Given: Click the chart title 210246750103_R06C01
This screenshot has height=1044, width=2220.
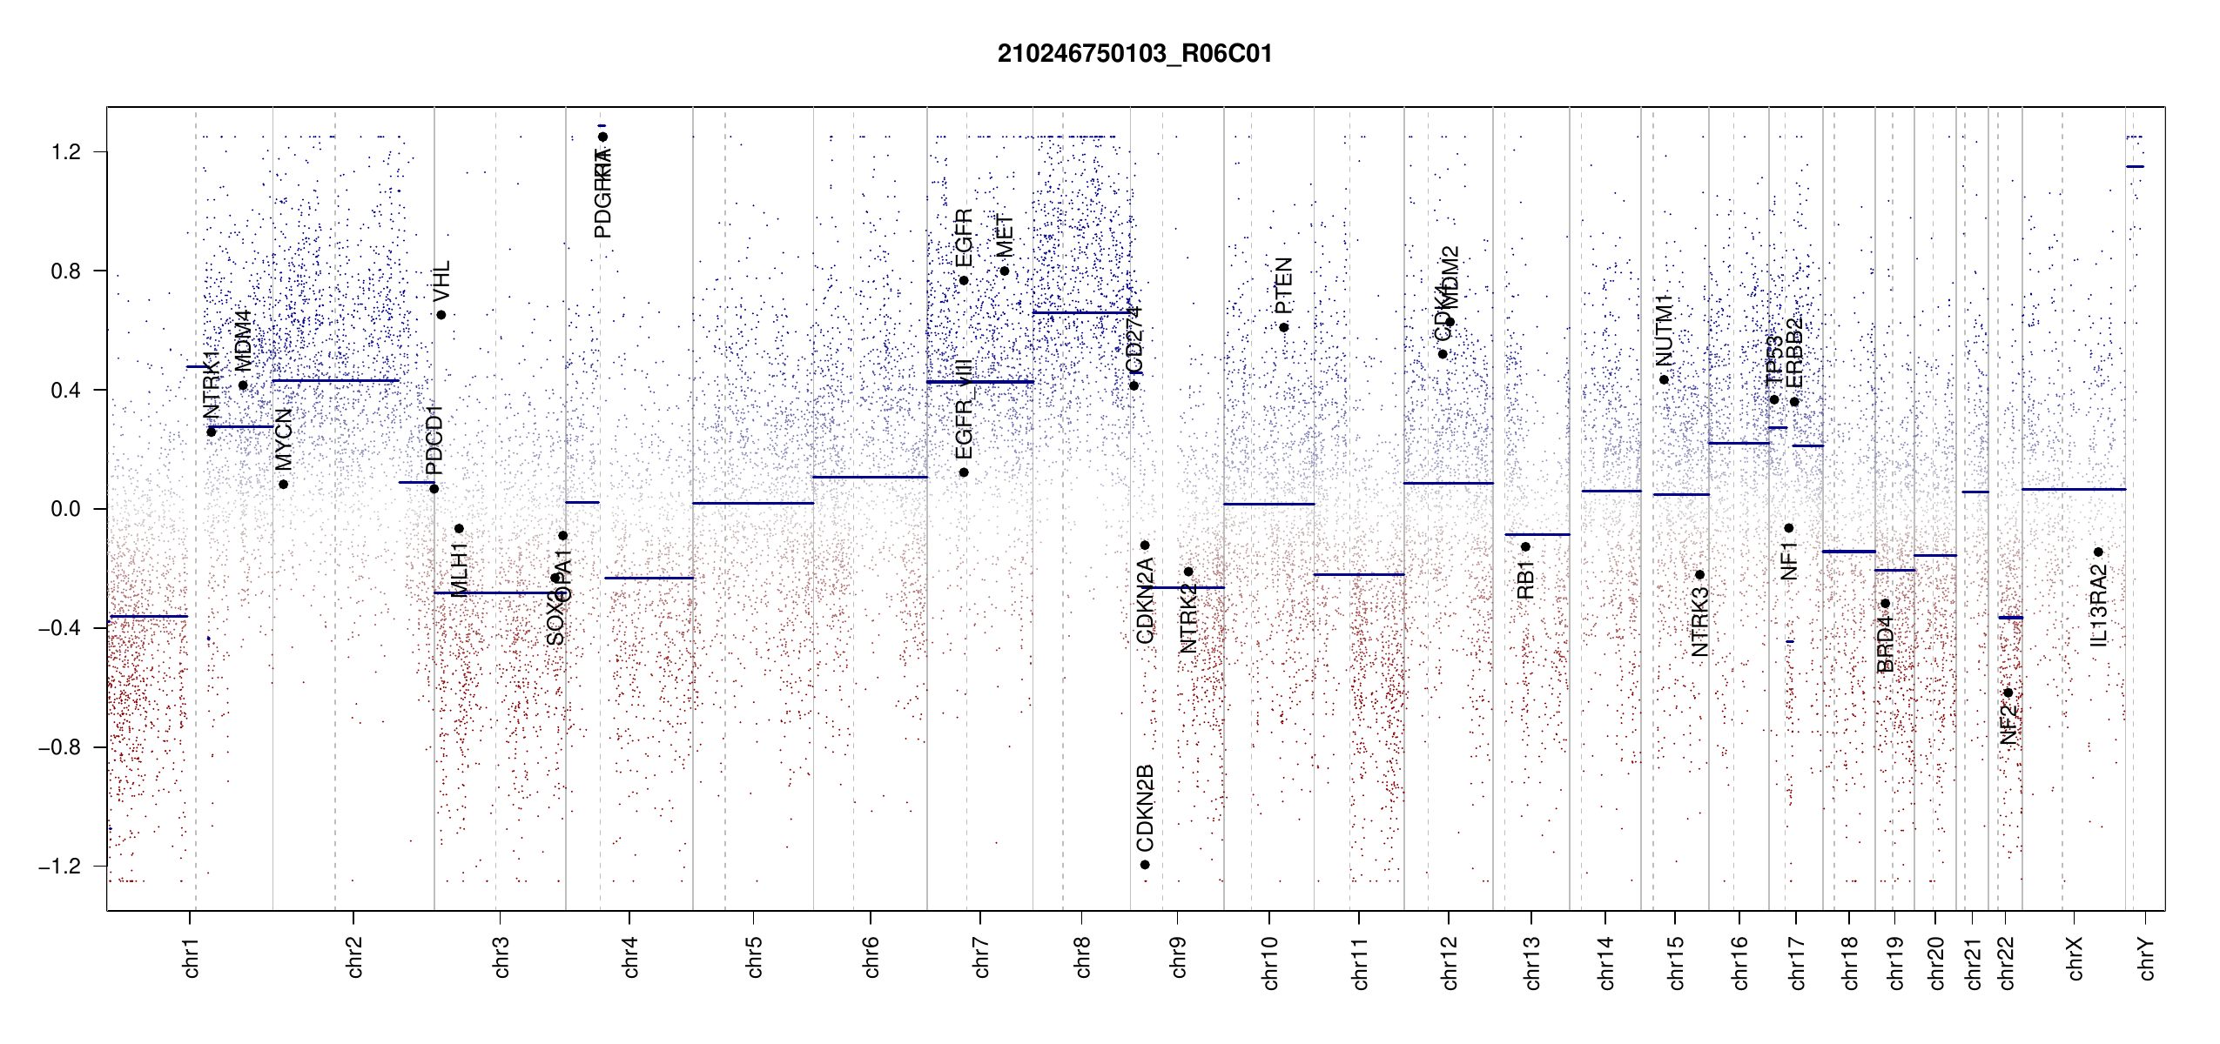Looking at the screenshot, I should click(1134, 54).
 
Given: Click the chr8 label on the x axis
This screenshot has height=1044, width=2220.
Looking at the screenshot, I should click(1082, 957).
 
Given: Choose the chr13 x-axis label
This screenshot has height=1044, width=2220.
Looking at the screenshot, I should click(1531, 962).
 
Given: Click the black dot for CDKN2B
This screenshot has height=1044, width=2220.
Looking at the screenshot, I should click(1145, 865).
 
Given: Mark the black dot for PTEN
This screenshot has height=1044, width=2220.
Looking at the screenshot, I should click(1283, 327).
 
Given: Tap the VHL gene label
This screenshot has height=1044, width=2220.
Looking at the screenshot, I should click(441, 282).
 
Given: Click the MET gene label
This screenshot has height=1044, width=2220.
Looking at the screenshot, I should click(1005, 236).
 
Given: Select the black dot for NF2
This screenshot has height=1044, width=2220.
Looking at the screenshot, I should click(2008, 693).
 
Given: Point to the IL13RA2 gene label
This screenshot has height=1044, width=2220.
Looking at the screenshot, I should click(2098, 606).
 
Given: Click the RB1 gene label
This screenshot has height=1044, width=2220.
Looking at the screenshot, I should click(1525, 580).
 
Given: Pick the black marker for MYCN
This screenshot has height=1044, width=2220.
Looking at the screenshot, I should click(283, 485).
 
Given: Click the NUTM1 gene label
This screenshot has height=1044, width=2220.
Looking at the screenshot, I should click(1664, 331).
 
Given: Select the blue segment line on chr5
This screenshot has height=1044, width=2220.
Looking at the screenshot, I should click(753, 503).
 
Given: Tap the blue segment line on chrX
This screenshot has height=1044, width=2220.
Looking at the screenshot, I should click(2073, 490).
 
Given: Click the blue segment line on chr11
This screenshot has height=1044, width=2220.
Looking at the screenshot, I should click(1358, 574).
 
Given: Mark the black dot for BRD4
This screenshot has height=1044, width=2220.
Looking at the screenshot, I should click(1885, 603).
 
